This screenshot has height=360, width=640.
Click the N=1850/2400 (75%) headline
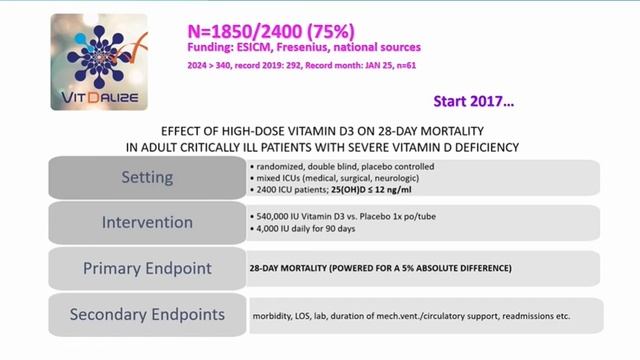click(263, 27)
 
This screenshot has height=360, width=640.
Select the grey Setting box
click(147, 177)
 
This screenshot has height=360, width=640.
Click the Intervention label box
click(147, 222)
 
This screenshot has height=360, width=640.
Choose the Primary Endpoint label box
click(147, 268)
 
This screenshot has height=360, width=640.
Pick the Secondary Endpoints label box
click(147, 315)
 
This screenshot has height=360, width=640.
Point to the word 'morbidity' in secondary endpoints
click(272, 316)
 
